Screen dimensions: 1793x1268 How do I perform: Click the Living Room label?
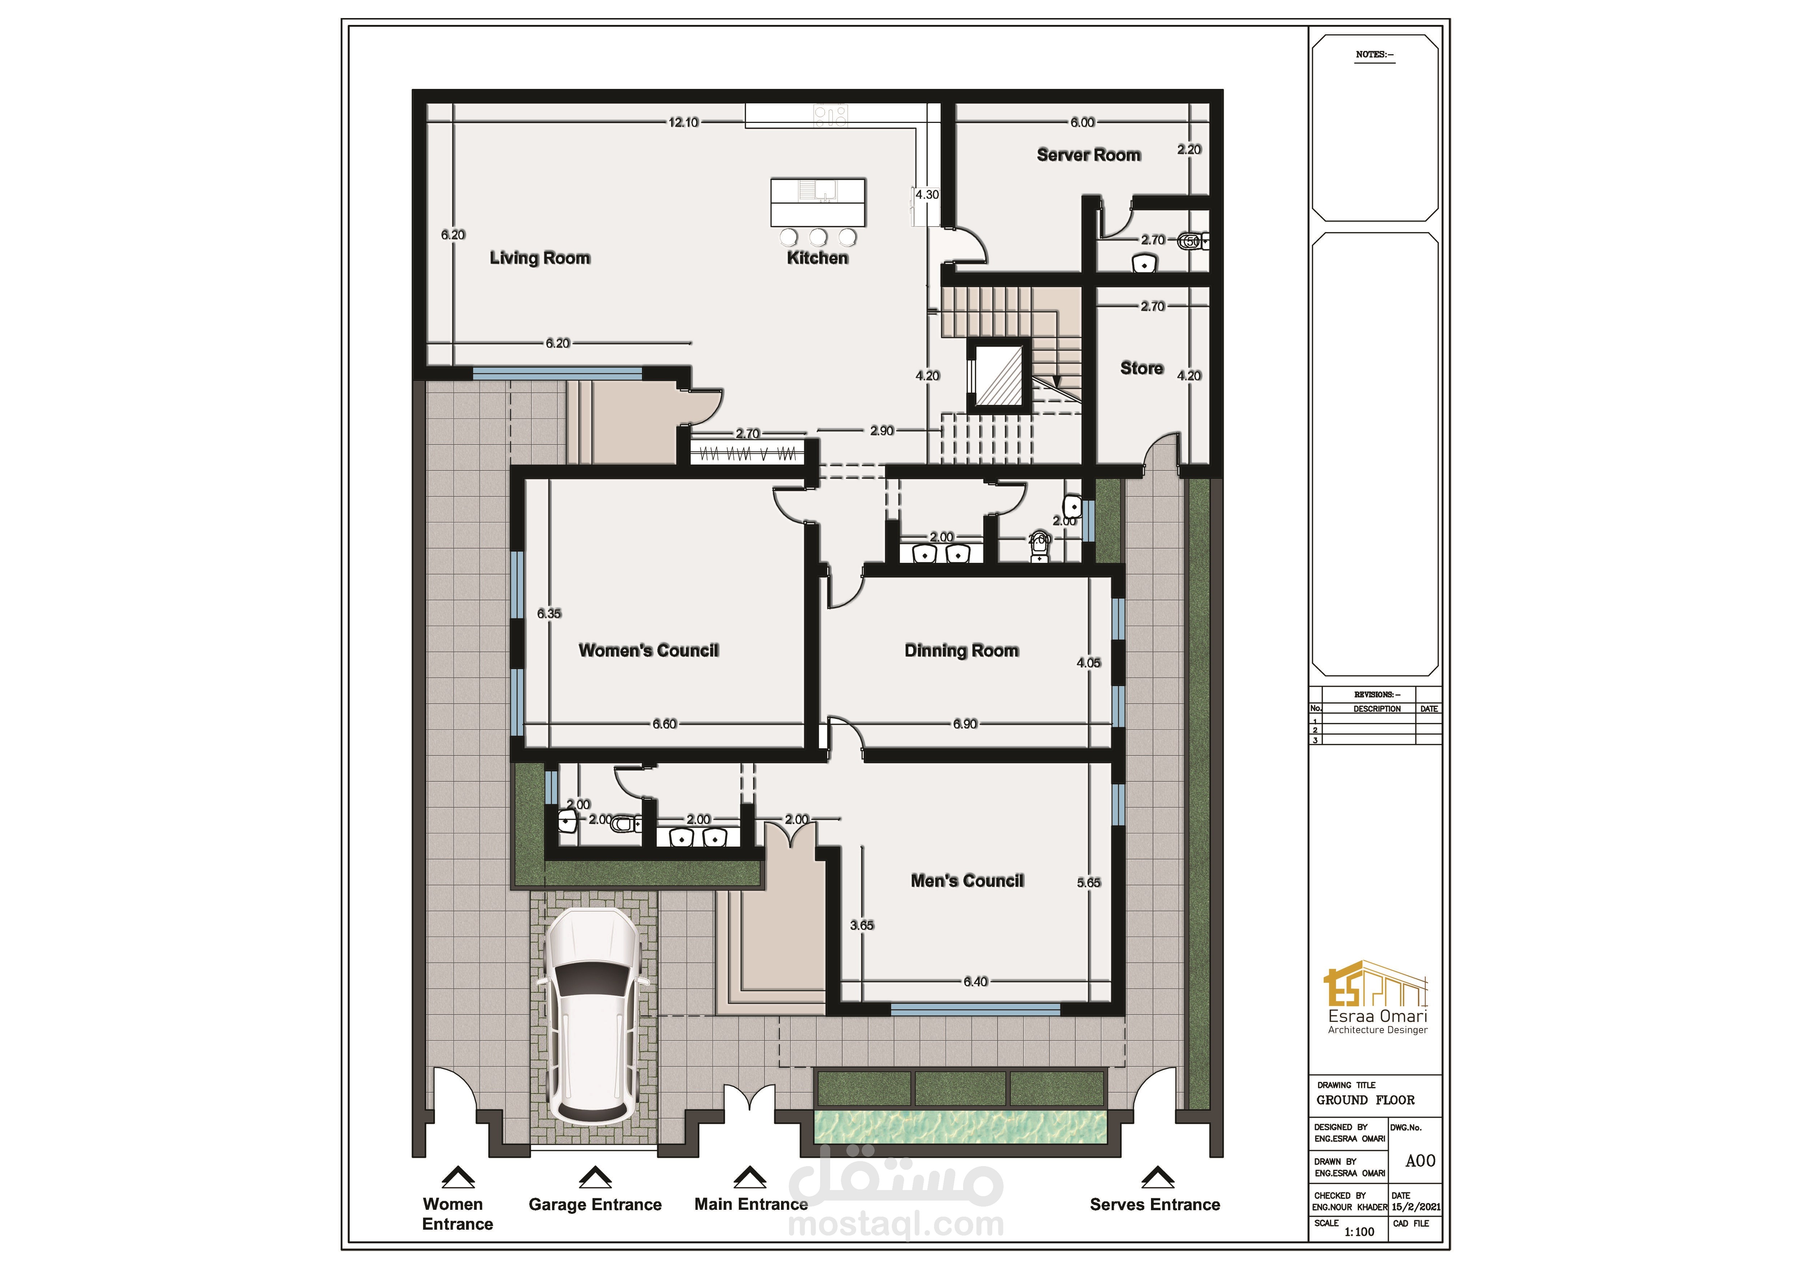pos(540,258)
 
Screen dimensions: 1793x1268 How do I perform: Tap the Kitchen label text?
pos(817,258)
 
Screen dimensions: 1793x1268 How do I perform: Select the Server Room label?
pos(1089,155)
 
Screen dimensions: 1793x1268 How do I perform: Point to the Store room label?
pos(1142,368)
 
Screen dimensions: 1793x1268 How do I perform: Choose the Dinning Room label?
pos(961,650)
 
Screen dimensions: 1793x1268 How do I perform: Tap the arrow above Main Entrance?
pos(750,1177)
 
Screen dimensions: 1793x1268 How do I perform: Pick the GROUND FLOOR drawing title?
pos(1365,1100)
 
